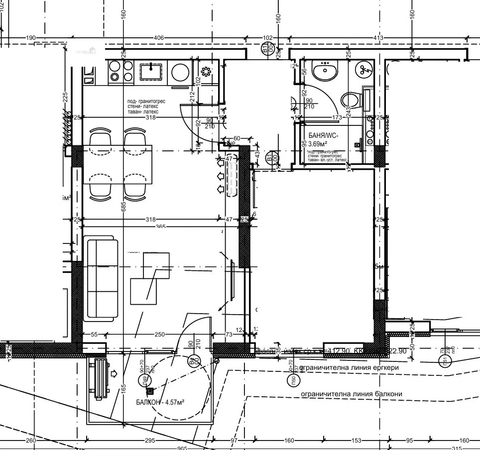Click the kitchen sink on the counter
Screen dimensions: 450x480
(x=150, y=72)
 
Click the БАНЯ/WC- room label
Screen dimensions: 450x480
(x=324, y=135)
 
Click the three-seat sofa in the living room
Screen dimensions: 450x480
(x=102, y=279)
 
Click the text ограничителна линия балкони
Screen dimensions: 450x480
(x=352, y=394)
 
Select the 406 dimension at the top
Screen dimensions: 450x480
(x=159, y=38)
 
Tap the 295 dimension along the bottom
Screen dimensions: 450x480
(x=150, y=441)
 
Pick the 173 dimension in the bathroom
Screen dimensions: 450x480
(x=337, y=117)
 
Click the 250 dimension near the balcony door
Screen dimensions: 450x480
(x=159, y=335)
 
